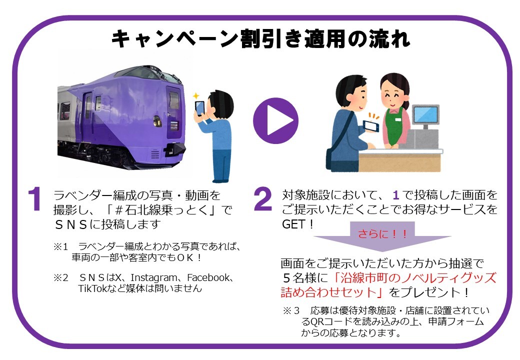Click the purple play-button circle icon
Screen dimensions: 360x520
[275, 121]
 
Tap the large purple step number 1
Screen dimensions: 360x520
[34, 200]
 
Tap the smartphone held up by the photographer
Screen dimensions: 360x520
[199, 107]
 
